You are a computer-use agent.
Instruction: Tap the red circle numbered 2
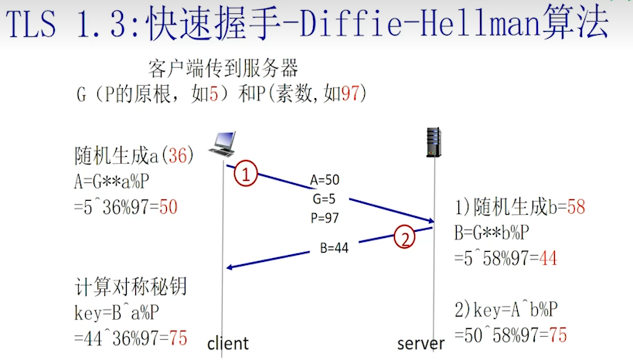click(405, 237)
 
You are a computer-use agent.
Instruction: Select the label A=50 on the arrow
click(325, 180)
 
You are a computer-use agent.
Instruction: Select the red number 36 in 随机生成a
click(178, 155)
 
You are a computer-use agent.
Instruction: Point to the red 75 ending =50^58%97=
click(557, 335)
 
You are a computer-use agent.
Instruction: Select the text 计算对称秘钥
click(131, 286)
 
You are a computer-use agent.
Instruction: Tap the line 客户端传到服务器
click(223, 68)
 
